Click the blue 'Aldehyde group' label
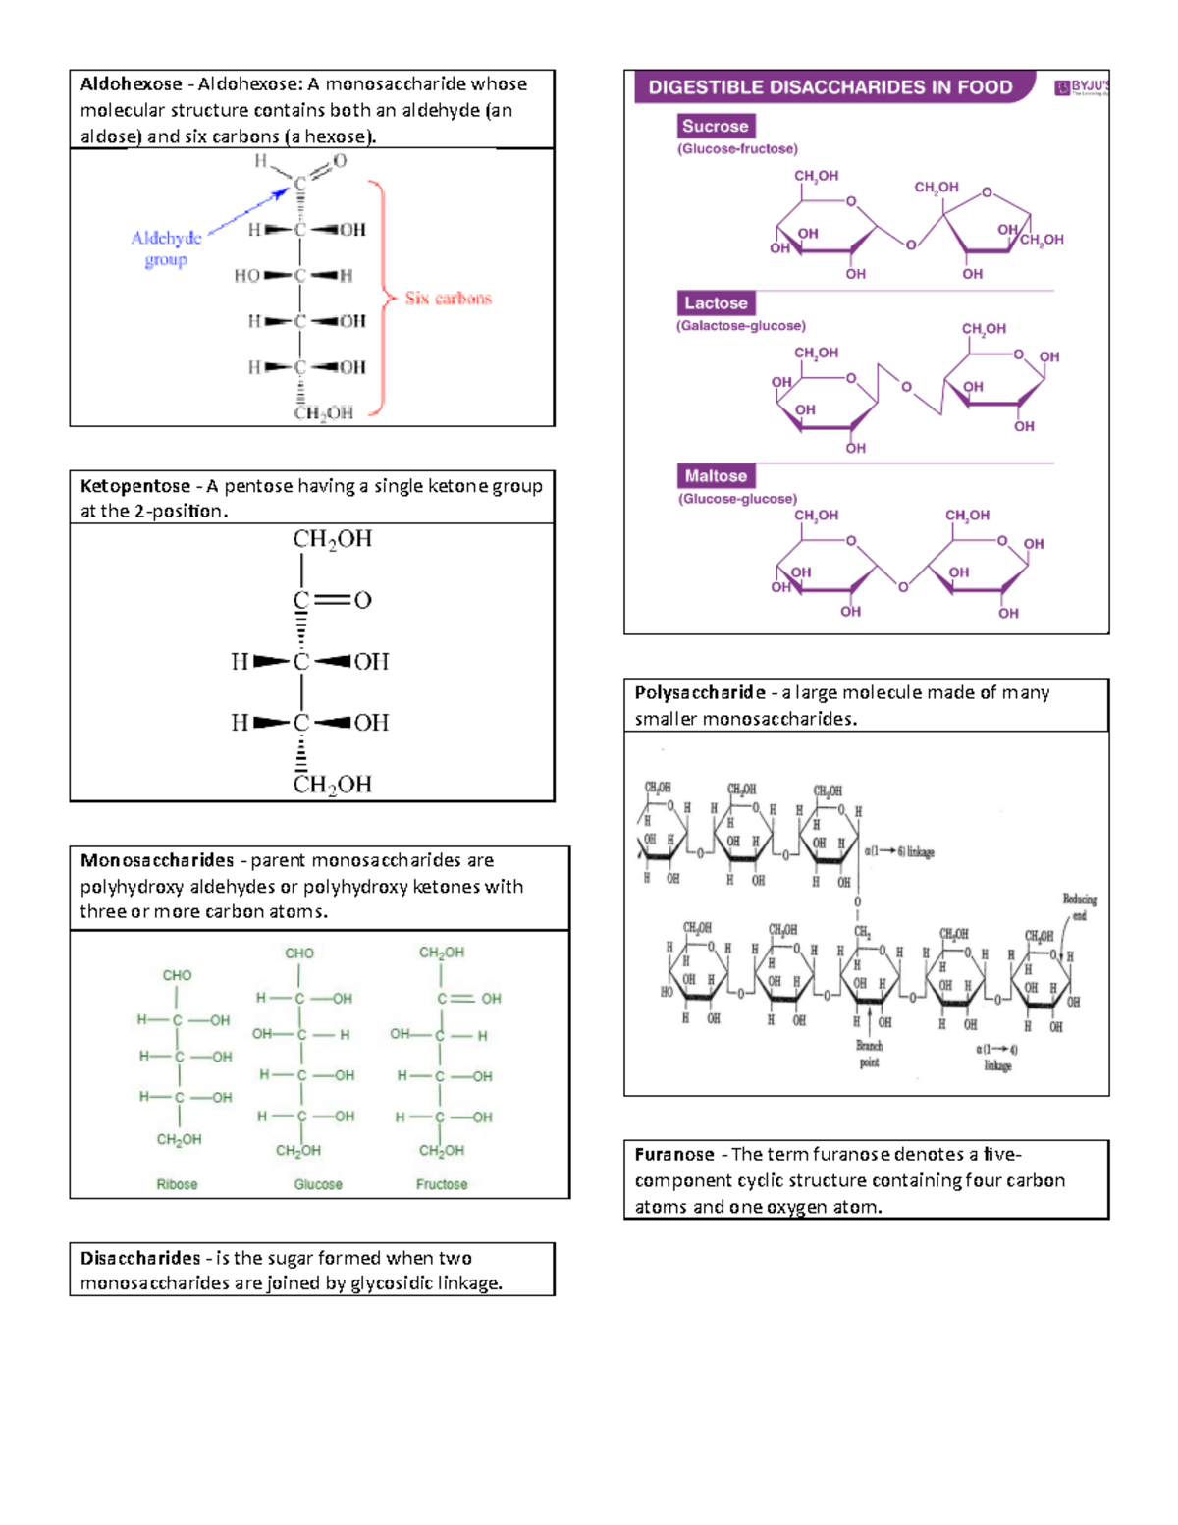166,248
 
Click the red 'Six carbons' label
448,299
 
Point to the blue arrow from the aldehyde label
247,212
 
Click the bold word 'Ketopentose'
135,486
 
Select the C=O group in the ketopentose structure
332,600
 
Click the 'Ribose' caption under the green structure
177,1184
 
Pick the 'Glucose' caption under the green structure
318,1184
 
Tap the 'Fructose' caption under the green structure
442,1184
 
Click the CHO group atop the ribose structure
177,975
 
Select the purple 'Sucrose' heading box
716,126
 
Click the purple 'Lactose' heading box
716,303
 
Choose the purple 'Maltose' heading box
716,476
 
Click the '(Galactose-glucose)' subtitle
741,326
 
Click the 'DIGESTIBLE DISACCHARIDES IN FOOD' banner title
830,87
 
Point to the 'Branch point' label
870,1054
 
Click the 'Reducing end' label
1079,906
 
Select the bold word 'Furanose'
674,1155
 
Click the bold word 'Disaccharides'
140,1258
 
